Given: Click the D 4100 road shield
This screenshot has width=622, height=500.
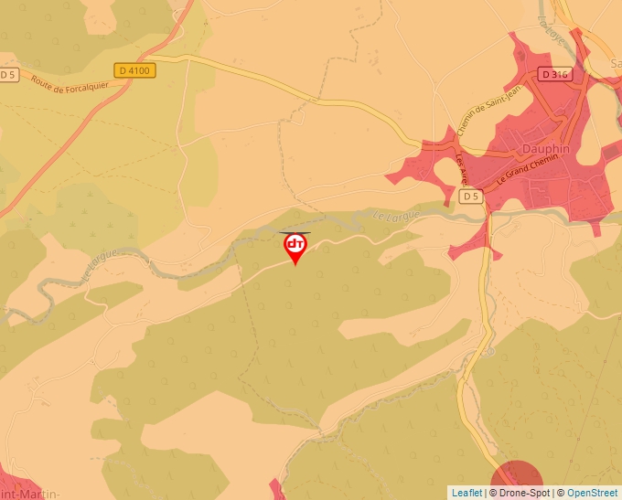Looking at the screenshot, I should point(135,69).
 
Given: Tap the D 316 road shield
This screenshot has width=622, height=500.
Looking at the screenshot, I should point(555,74).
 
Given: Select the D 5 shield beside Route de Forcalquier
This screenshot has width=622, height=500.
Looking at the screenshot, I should point(8,75).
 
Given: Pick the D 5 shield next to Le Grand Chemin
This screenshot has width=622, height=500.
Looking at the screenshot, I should point(470,197).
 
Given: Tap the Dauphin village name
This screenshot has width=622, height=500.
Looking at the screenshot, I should point(545,148).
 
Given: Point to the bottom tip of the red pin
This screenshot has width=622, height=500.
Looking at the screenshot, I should point(295,265).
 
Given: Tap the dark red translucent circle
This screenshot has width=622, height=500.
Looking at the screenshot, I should point(517,483).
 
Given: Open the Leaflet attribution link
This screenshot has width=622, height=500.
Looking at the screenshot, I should point(466,493).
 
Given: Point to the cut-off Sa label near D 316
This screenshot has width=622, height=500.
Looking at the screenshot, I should point(615,63).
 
